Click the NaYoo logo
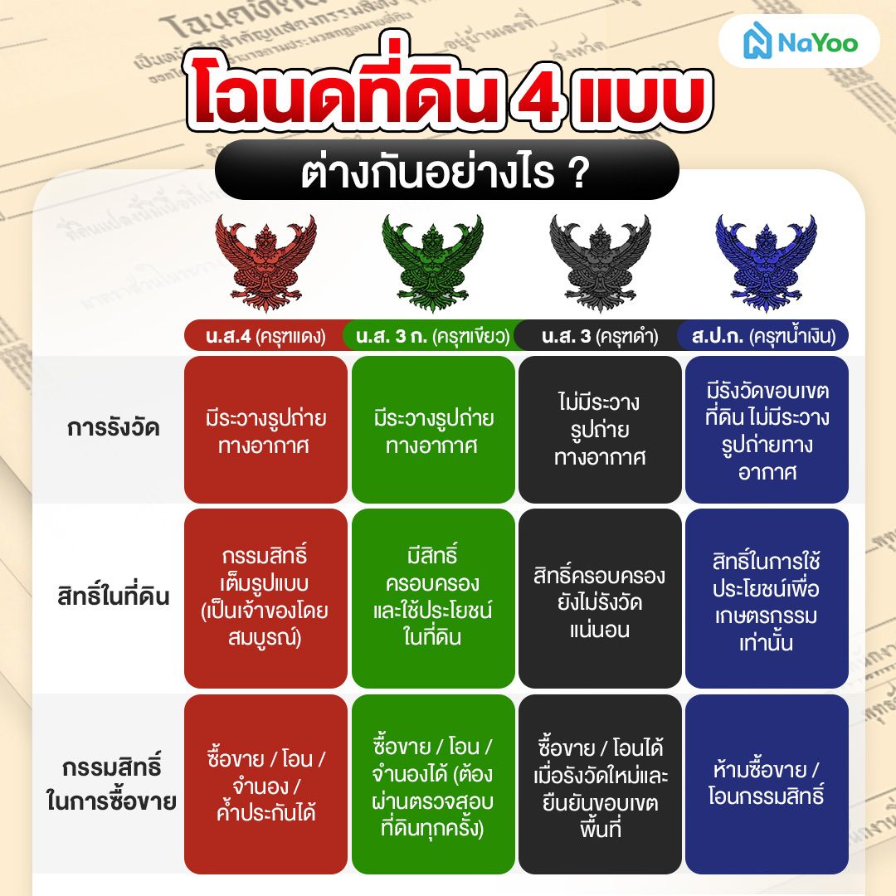pos(798,42)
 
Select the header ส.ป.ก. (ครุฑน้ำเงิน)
pos(764,337)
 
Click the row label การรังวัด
pos(114,429)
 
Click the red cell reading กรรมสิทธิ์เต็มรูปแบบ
pos(265,597)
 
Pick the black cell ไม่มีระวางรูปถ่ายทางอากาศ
pos(600,430)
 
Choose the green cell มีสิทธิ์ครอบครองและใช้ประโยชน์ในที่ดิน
pos(433,597)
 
